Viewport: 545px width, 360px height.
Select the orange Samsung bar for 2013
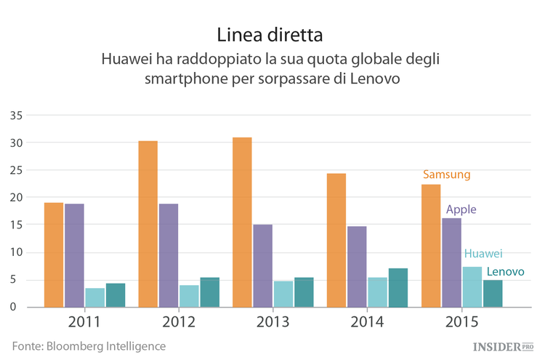pyautogui.click(x=242, y=222)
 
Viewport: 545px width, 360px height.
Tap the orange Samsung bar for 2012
pyautogui.click(x=148, y=224)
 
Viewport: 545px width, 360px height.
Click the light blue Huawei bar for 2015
pyautogui.click(x=472, y=287)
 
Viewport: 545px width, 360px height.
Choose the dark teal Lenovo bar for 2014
pyautogui.click(x=398, y=287)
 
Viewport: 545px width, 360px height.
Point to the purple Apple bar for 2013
pyautogui.click(x=262, y=265)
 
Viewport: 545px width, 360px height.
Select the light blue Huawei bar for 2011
pyautogui.click(x=95, y=297)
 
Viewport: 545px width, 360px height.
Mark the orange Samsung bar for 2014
pyautogui.click(x=336, y=240)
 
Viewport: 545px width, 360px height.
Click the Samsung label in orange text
pyautogui.click(x=447, y=175)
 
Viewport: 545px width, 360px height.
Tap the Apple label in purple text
pyautogui.click(x=461, y=209)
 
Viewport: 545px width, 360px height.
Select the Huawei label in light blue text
pyautogui.click(x=483, y=253)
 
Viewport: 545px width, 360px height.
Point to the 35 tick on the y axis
pyautogui.click(x=16, y=116)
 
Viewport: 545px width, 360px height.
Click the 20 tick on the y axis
pyautogui.click(x=16, y=198)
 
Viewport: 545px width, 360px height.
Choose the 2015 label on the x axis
pyautogui.click(x=461, y=321)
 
